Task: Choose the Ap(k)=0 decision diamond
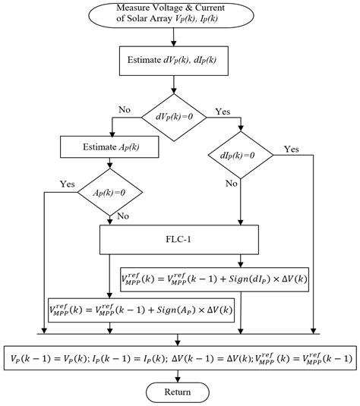(111, 194)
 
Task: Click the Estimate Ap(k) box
(111, 144)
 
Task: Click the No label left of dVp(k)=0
(125, 109)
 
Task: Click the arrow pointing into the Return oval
(177, 376)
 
